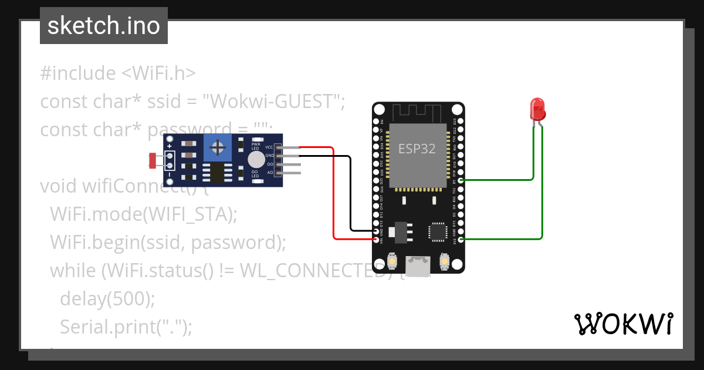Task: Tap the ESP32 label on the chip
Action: click(x=417, y=149)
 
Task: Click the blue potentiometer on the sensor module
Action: click(x=217, y=147)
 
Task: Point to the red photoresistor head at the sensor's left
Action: click(x=154, y=159)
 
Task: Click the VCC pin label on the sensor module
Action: click(x=269, y=147)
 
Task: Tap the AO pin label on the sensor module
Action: click(x=270, y=173)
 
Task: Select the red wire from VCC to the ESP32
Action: click(x=334, y=194)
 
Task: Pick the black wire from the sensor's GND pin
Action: click(x=350, y=194)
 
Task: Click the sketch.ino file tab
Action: click(x=104, y=26)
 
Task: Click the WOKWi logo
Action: click(x=623, y=324)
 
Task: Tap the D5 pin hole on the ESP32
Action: click(x=461, y=180)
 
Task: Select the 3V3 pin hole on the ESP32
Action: click(x=461, y=239)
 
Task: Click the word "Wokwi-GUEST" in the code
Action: click(x=272, y=102)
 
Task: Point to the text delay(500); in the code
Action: click(x=107, y=298)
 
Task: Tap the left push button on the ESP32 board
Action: click(x=391, y=260)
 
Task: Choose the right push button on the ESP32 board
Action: click(x=445, y=260)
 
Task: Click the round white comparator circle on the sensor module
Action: click(x=256, y=160)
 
